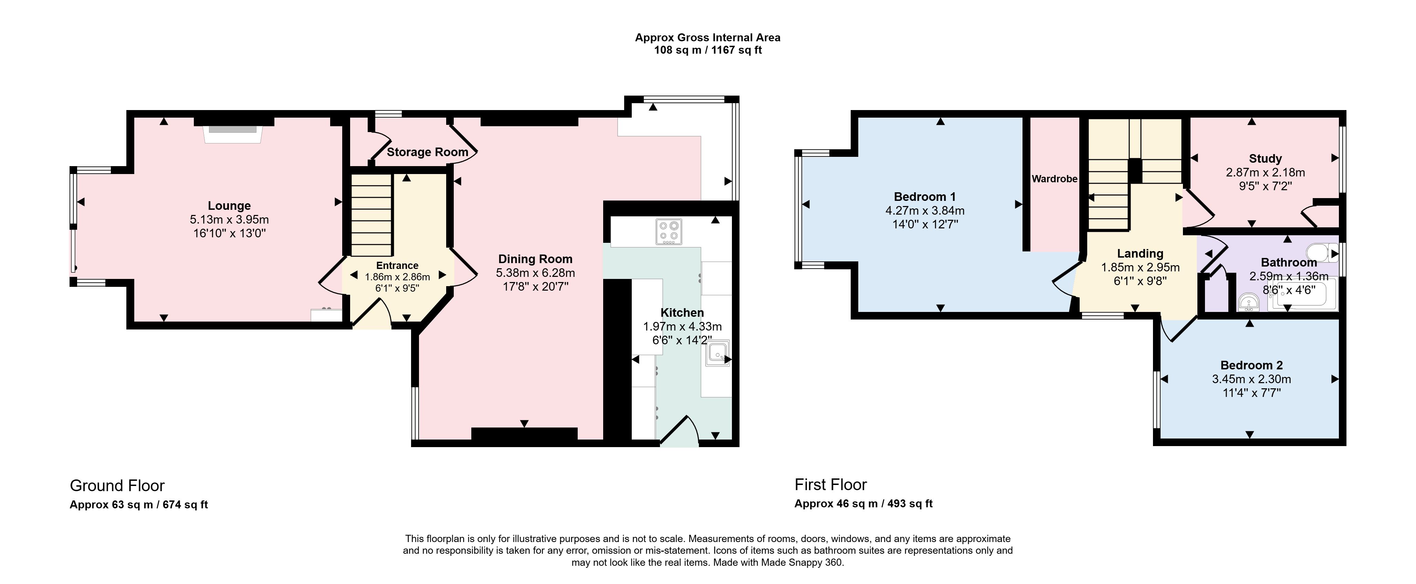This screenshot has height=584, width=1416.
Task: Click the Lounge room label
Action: (229, 206)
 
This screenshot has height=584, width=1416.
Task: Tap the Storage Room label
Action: (427, 152)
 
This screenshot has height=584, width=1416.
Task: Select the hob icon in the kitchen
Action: (669, 232)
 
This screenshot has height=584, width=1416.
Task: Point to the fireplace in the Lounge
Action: (232, 134)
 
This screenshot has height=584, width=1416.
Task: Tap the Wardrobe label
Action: (1054, 179)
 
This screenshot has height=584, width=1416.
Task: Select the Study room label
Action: (1266, 159)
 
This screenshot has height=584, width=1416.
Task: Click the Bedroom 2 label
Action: (1252, 365)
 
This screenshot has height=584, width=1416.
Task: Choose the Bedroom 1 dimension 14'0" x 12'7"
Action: (925, 224)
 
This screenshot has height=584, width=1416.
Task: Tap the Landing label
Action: (1140, 254)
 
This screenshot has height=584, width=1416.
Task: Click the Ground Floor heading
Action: (117, 486)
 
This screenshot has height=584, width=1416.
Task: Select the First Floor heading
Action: (831, 485)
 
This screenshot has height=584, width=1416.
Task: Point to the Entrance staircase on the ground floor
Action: (371, 215)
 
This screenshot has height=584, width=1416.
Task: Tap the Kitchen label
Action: (682, 313)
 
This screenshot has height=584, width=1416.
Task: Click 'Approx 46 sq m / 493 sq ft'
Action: (863, 504)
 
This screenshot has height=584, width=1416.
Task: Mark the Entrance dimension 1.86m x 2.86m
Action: (397, 277)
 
